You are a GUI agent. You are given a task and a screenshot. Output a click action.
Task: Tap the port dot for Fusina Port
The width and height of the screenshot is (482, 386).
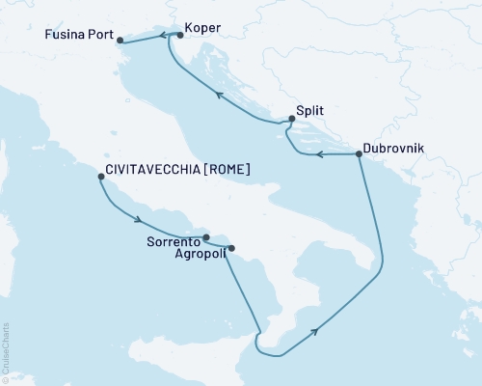click(120, 41)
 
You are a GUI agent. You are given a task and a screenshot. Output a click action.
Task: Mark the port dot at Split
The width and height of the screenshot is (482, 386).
click(291, 121)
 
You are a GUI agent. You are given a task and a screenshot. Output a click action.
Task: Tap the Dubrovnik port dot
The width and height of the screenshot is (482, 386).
click(359, 153)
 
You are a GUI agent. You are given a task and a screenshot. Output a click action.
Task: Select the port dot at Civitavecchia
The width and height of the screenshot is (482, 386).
click(101, 177)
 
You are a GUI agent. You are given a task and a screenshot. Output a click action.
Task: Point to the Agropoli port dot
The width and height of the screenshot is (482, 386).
click(230, 249)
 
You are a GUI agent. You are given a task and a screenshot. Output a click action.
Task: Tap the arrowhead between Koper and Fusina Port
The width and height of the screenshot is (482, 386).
click(162, 35)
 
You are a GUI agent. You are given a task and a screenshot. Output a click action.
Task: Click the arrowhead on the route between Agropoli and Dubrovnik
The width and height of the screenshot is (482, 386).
click(315, 332)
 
